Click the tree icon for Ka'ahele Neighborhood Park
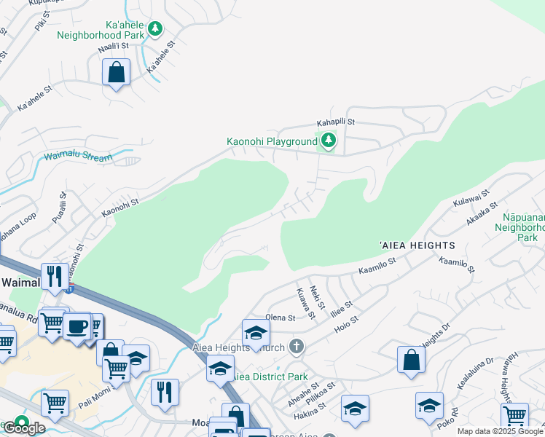154,29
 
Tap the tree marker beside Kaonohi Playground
329,141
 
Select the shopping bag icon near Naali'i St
116,73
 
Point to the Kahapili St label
335,122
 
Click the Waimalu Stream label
79,157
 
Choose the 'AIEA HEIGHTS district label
417,246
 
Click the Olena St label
281,318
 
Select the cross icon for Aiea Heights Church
296,345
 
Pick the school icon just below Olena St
256,333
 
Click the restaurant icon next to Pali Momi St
165,393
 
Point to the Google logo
23,428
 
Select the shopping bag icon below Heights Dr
411,360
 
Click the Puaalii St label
59,208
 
